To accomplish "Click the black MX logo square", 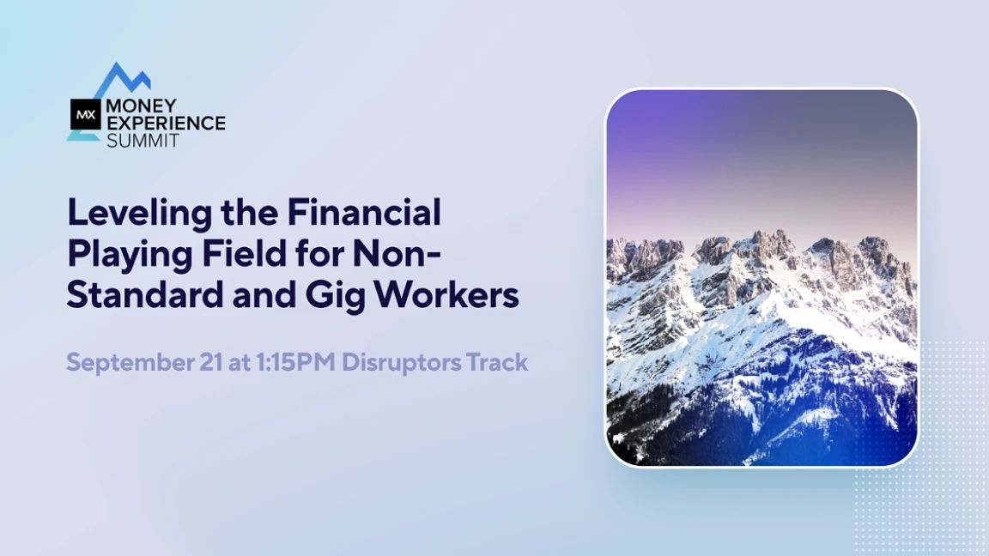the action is [85, 114].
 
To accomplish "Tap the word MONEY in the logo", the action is [141, 106].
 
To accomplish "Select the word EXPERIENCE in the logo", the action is [166, 123].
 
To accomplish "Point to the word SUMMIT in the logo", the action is [143, 140].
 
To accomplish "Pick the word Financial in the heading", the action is [364, 212].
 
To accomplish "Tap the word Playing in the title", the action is [130, 256].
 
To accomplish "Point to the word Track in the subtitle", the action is [496, 362].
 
